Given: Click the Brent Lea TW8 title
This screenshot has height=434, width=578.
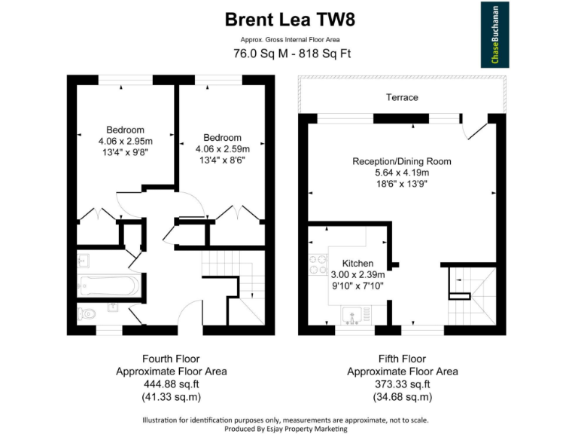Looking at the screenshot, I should tap(290, 19).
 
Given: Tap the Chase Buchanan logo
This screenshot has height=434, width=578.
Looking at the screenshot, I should tap(495, 35).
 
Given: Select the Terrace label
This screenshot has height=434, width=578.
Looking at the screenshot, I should tap(402, 97).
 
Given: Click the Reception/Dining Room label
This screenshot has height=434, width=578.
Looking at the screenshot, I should tap(402, 161).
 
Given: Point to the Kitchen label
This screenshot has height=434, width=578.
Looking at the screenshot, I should tap(358, 263).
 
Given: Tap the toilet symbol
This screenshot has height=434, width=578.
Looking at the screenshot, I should tap(86, 313).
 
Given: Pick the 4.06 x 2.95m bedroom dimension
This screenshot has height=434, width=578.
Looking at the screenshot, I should tap(125, 141).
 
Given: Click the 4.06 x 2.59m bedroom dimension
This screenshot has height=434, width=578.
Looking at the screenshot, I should tap(222, 148).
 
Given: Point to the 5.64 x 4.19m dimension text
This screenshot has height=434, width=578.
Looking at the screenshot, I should tap(402, 173).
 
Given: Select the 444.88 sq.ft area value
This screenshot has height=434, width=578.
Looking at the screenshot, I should tap(171, 384).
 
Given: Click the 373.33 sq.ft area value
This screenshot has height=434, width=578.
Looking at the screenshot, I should tap(402, 384).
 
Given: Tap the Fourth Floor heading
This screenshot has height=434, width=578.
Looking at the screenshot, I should tap(171, 359).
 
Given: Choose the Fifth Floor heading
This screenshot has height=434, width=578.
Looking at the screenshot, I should tap(402, 359).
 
